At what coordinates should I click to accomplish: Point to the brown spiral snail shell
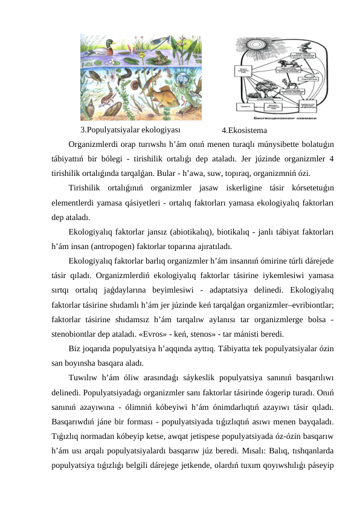(x=115, y=110)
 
